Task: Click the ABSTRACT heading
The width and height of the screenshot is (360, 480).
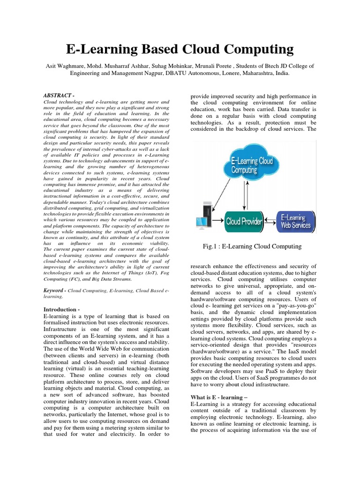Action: (x=58, y=95)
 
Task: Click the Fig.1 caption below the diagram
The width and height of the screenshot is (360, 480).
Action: (x=252, y=247)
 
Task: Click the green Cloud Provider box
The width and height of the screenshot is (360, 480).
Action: (x=244, y=221)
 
